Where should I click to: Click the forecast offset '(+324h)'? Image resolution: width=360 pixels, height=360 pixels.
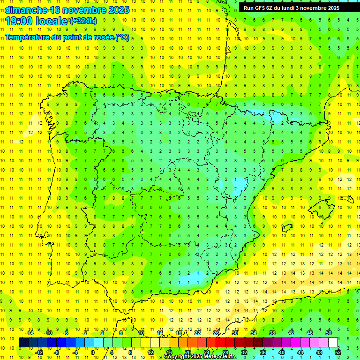(x=83, y=21)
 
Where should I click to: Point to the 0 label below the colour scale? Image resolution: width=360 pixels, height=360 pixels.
(x=93, y=352)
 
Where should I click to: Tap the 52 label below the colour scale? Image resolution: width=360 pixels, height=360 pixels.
(x=338, y=352)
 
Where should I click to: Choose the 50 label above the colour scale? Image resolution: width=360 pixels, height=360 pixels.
(x=329, y=333)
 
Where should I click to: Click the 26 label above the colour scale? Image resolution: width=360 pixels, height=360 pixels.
(x=216, y=333)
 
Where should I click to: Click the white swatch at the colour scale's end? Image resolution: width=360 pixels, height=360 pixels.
(x=333, y=343)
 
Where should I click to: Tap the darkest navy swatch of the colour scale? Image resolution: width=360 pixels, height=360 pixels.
(x=23, y=343)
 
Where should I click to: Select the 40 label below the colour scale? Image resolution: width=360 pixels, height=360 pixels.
(x=282, y=352)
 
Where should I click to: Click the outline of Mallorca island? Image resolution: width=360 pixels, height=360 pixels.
(x=323, y=207)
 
